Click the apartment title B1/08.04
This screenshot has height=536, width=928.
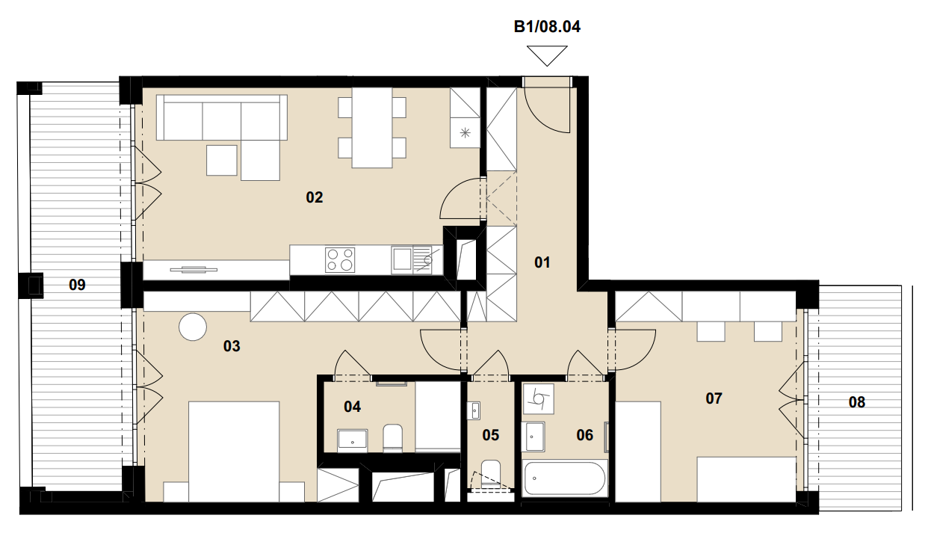coord(547,26)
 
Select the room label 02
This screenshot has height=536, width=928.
coord(315,197)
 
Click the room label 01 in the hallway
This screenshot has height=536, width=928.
coord(542,262)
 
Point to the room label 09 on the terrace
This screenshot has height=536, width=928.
coord(77,285)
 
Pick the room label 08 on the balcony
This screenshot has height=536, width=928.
coord(857,402)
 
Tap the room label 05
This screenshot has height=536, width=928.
coord(490,435)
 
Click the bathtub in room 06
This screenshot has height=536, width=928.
coord(565,478)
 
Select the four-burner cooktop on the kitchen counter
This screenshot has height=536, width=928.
coord(340,260)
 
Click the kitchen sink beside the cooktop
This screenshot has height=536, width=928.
coord(412,260)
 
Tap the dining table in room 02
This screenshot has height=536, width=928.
coord(372,128)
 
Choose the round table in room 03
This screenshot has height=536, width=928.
coord(193,327)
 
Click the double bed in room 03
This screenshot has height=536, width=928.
coord(234,452)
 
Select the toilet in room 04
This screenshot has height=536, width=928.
coord(393,438)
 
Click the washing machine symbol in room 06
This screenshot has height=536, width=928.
coord(538,398)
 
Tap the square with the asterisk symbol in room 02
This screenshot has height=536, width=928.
coord(465,132)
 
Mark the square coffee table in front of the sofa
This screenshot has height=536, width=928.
coord(222,160)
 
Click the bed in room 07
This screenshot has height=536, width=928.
coord(746,480)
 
